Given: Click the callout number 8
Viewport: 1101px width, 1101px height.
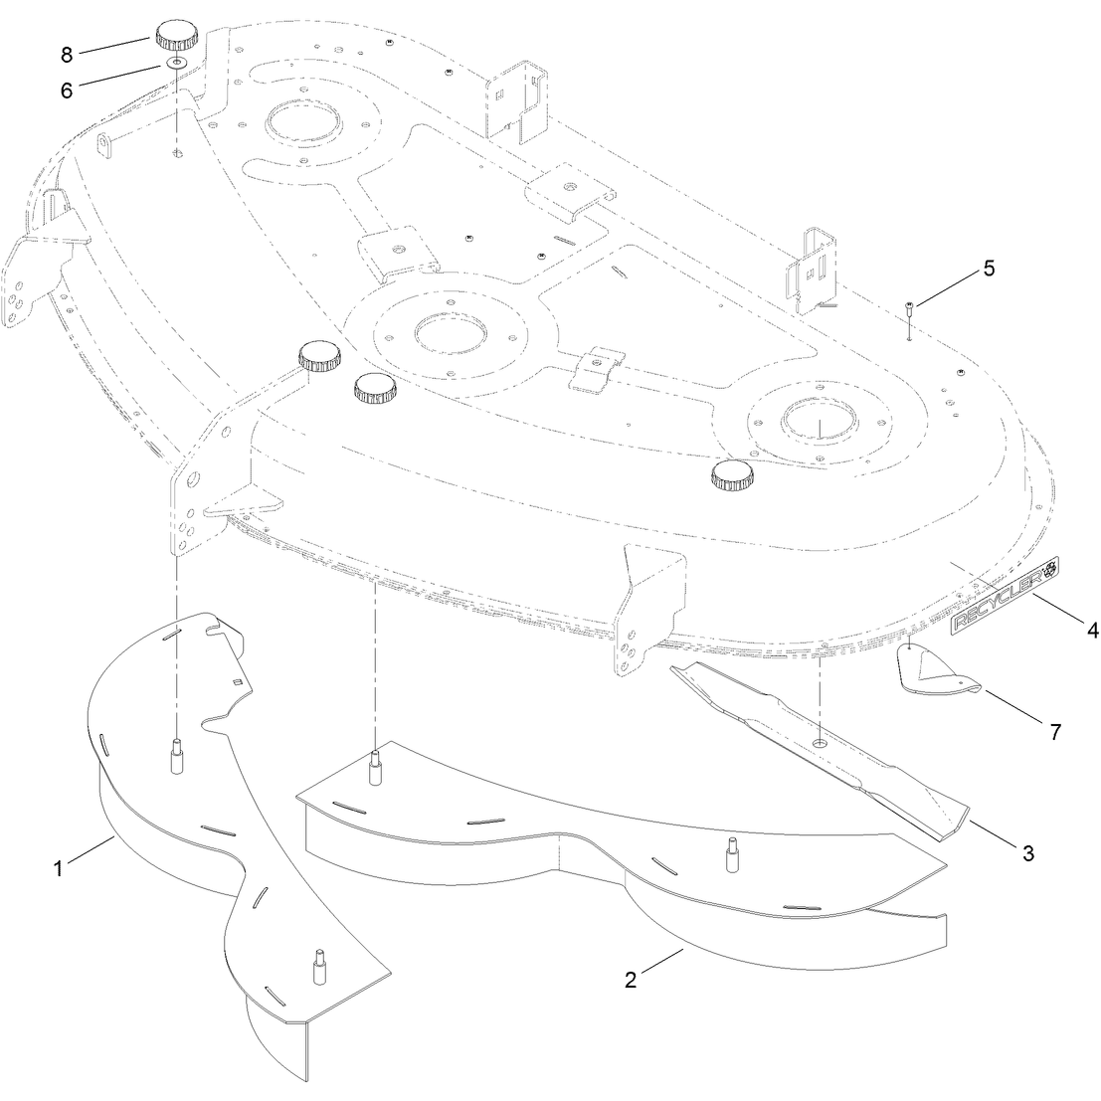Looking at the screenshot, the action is coord(67,55).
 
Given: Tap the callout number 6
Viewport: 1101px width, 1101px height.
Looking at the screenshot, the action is coord(67,91).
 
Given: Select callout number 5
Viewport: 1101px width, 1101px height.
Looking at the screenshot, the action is coord(989,269).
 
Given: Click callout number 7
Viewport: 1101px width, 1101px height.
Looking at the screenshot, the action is coord(1055,732).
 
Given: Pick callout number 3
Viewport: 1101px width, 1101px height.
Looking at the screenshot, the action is coord(1028,853).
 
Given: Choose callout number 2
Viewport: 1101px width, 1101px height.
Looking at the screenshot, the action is coord(631,980).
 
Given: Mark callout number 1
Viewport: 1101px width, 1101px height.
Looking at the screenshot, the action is coord(59,868).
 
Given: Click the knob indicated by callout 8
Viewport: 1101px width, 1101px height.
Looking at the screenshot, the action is coord(176,35).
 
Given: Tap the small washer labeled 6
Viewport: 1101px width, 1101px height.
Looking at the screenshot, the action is coord(176,64).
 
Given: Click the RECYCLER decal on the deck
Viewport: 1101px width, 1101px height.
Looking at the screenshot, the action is coord(1005,596).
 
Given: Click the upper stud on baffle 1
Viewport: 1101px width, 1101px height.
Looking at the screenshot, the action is coord(177,756).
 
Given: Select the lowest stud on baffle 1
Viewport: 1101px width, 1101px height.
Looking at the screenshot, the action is coord(319,969).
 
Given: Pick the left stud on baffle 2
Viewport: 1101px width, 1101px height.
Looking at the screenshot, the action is coord(376,767).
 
